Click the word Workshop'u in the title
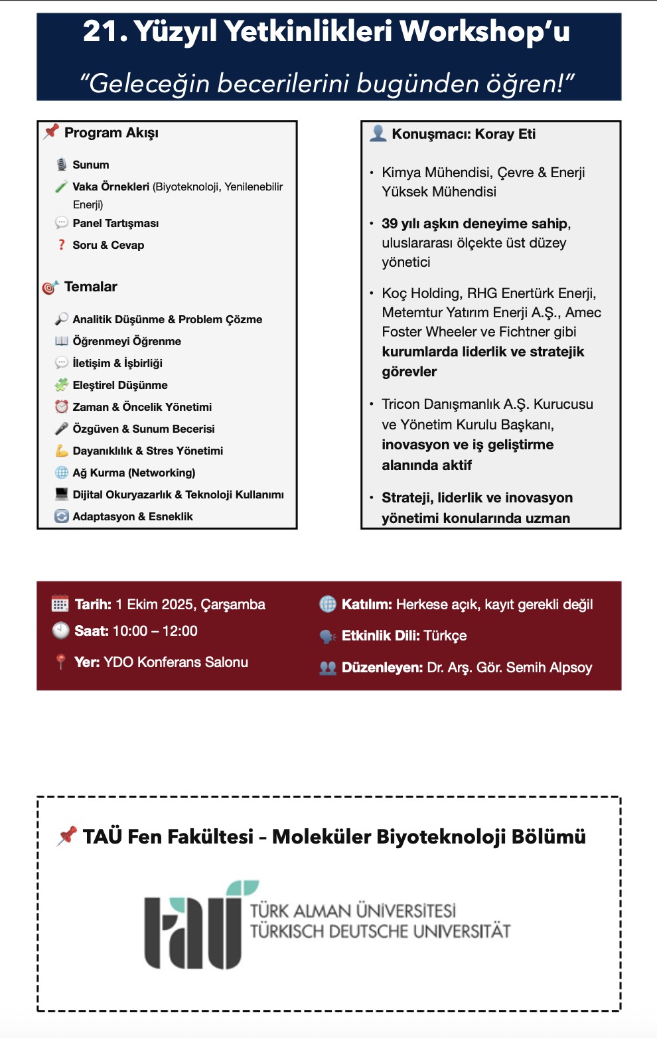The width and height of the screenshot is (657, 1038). [484, 32]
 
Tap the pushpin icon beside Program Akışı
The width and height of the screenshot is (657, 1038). [51, 132]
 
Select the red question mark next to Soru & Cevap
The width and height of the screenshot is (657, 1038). [62, 245]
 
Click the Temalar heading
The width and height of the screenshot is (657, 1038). [90, 287]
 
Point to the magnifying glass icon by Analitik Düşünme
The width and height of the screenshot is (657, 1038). [61, 319]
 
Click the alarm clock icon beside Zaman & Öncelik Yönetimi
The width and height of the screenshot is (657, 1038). [62, 407]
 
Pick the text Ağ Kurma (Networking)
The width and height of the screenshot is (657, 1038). [133, 473]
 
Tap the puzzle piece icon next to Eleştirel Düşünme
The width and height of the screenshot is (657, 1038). [62, 385]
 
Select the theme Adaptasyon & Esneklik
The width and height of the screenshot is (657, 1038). [133, 516]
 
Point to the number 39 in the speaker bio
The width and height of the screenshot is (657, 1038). [390, 224]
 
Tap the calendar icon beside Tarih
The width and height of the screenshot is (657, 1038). [60, 605]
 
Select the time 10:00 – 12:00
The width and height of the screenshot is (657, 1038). [155, 631]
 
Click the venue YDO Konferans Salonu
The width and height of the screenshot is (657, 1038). [176, 662]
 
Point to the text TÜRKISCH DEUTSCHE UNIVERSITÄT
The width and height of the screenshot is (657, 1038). [380, 932]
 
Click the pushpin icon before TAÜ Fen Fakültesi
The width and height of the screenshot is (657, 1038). [67, 836]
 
